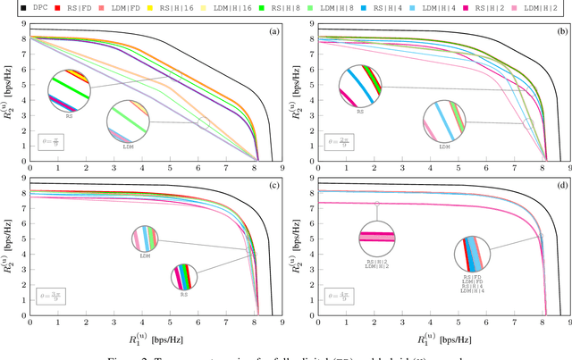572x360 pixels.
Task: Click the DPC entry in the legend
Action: [x=28, y=7]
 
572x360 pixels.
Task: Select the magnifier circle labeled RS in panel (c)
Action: [x=183, y=276]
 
